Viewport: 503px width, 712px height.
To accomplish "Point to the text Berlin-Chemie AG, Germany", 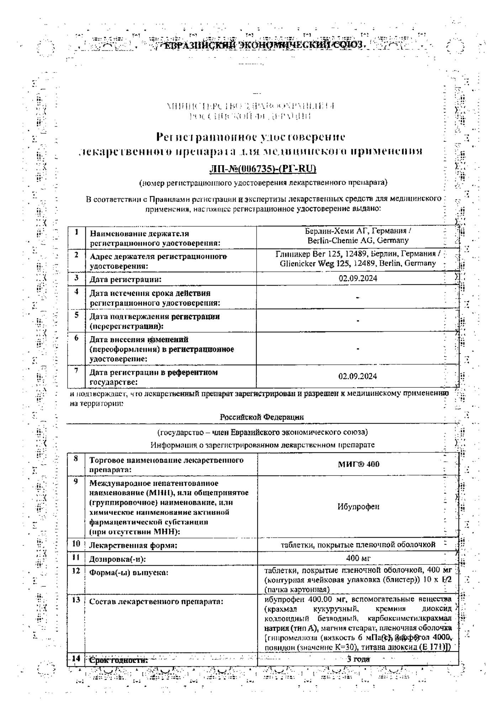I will click(358, 240).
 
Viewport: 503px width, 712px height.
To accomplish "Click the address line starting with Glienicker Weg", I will click(358, 264).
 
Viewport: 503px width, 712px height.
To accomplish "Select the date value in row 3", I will click(358, 278).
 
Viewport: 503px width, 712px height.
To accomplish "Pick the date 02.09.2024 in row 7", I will click(358, 376).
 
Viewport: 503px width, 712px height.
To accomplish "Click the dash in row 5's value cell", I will click(358, 320).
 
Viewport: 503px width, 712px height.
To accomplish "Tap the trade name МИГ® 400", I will click(358, 464).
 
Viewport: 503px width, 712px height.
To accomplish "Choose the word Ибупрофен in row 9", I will click(358, 507).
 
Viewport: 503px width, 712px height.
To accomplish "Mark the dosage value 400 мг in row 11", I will click(358, 558).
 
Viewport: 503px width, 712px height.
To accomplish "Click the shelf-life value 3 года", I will click(358, 659).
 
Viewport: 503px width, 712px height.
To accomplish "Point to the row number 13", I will click(76, 600).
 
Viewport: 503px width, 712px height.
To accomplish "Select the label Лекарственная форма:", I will click(133, 545).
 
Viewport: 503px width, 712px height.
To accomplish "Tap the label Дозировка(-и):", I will click(117, 559).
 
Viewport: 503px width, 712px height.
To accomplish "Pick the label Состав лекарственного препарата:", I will click(156, 602).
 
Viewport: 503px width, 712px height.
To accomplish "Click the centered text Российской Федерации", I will click(262, 417).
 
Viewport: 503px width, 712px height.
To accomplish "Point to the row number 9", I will click(76, 481).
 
